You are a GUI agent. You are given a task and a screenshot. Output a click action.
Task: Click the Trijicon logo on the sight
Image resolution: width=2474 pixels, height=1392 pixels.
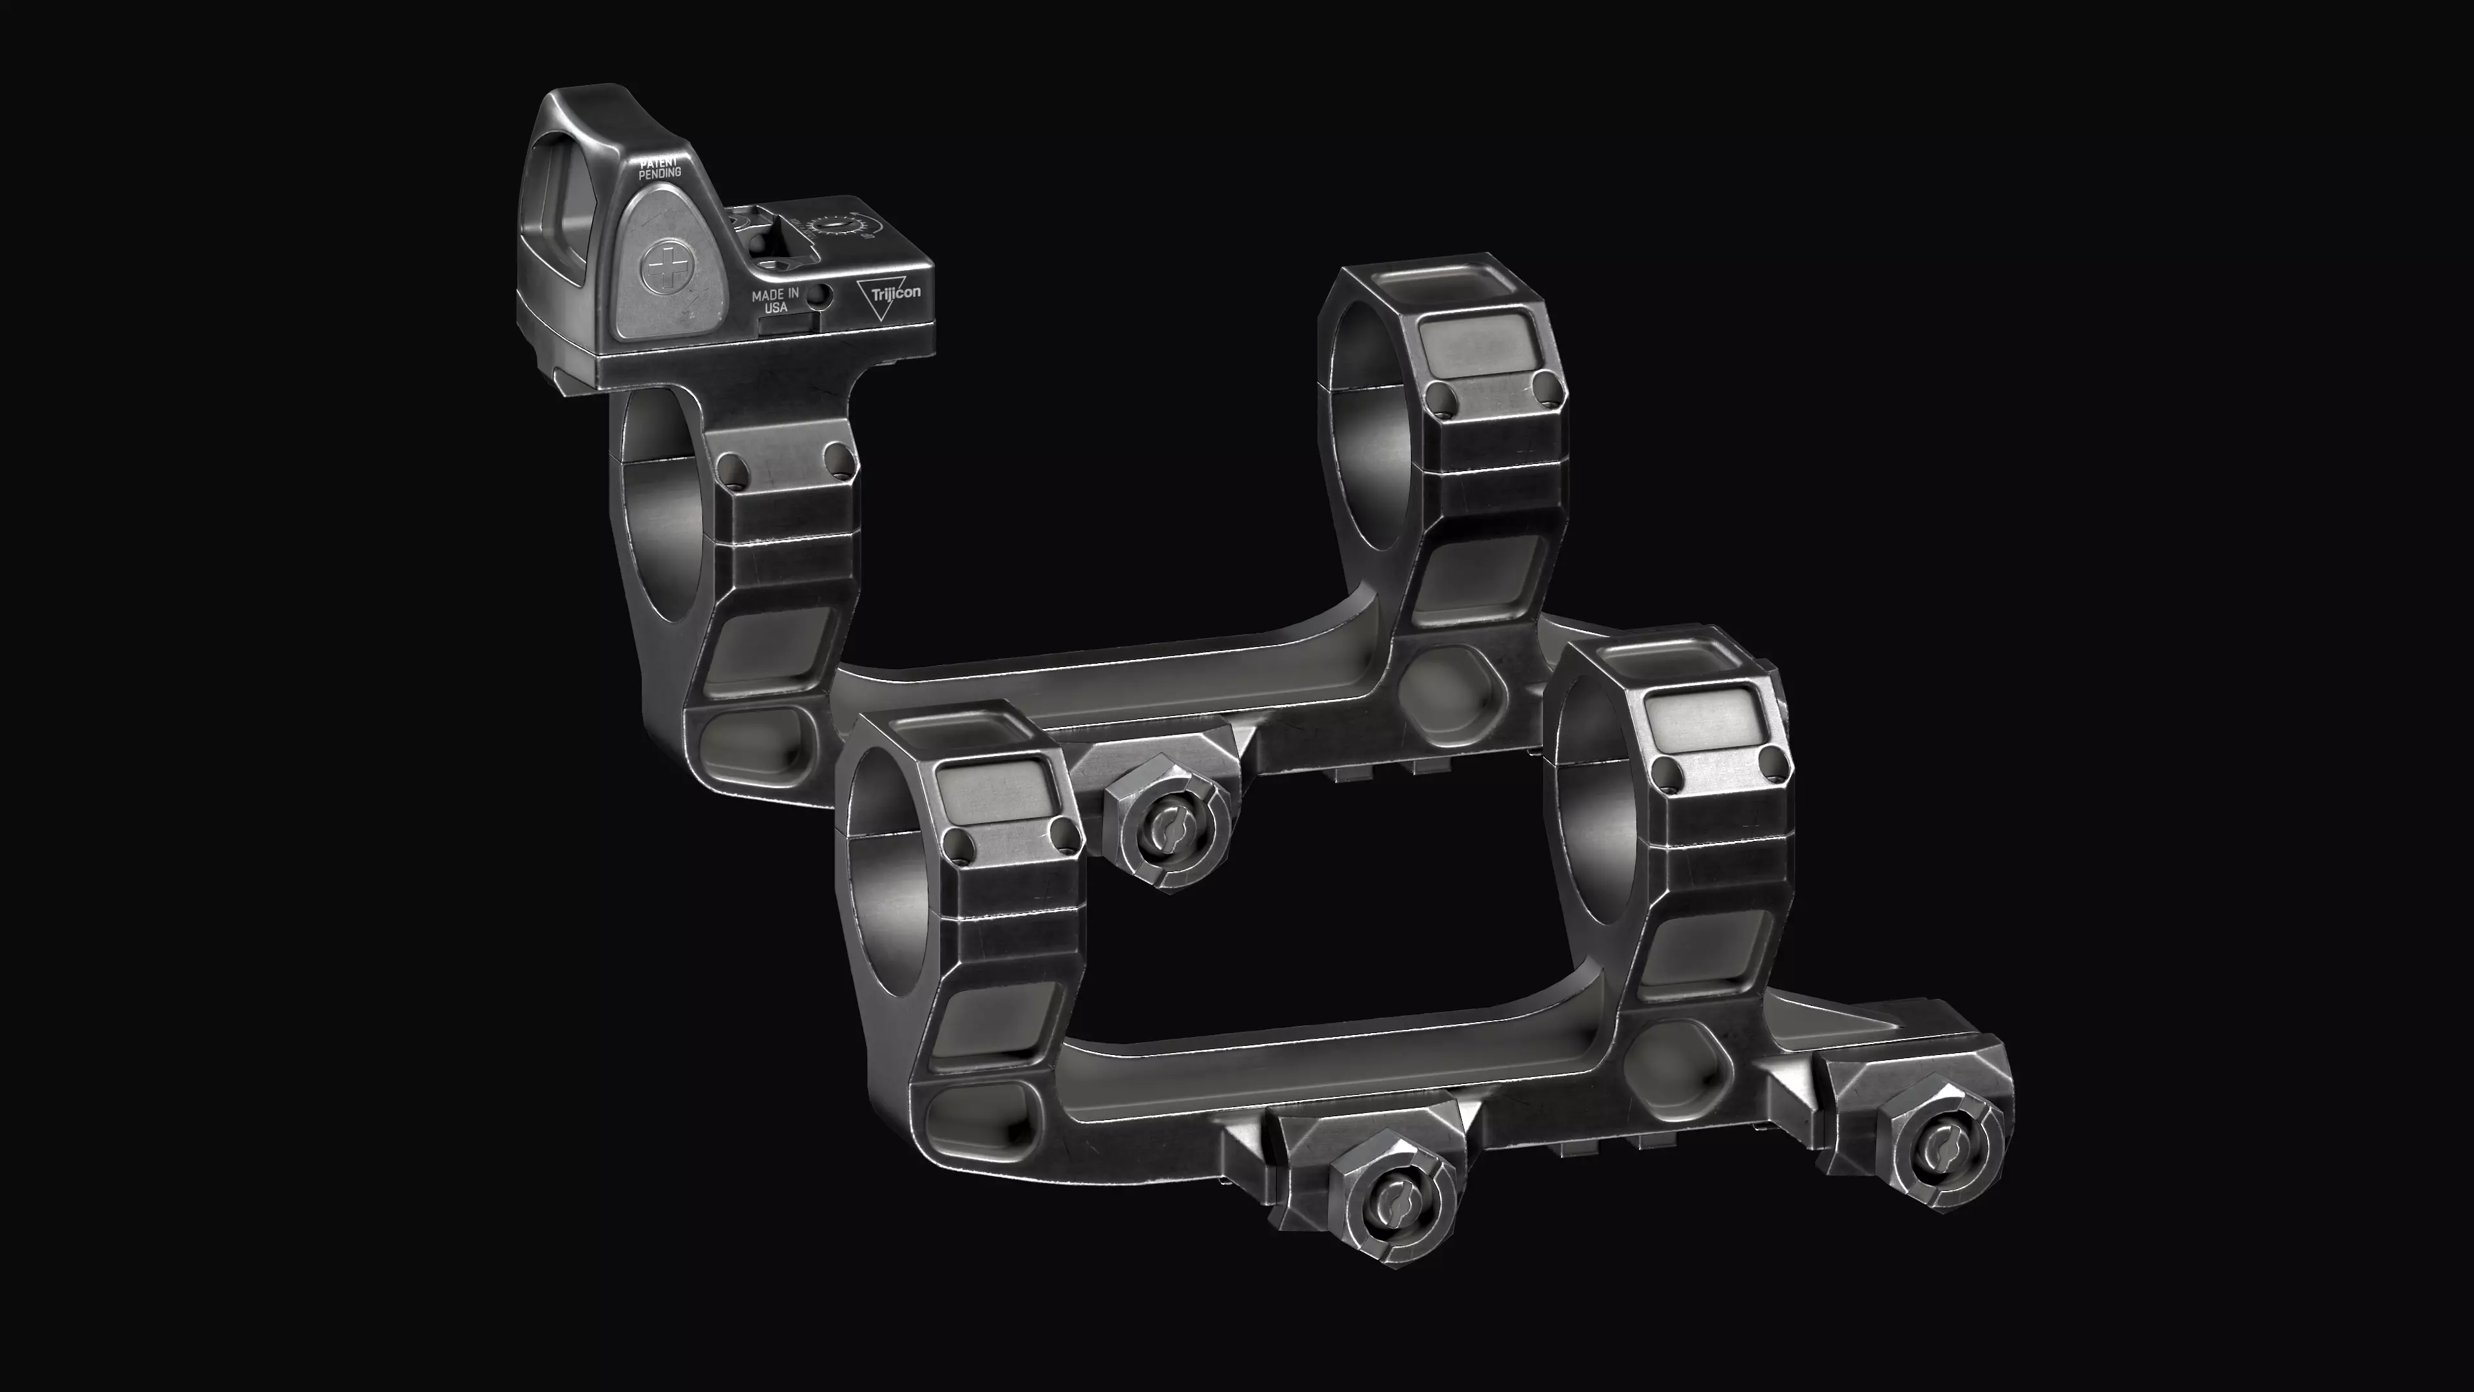tap(888, 294)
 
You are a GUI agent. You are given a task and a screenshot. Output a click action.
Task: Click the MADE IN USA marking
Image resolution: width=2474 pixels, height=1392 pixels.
tap(775, 300)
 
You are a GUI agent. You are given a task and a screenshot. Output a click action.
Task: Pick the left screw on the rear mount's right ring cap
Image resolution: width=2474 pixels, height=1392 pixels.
tap(1438, 397)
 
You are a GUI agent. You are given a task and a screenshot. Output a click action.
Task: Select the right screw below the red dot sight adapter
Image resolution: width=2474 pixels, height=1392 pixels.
tap(838, 458)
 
